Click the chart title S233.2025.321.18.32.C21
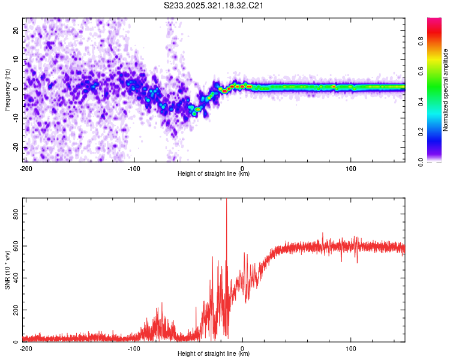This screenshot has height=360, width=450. (x=214, y=5)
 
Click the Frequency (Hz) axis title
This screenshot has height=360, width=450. (x=7, y=90)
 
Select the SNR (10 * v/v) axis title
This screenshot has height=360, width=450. (x=7, y=270)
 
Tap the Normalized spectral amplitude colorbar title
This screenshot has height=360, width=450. (x=446, y=90)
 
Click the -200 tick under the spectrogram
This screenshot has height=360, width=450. (x=25, y=167)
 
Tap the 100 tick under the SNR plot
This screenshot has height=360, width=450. (x=350, y=348)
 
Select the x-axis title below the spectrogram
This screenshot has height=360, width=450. (x=214, y=174)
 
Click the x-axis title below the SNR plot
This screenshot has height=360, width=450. (x=214, y=354)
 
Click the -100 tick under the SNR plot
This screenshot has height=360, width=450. (x=133, y=348)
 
